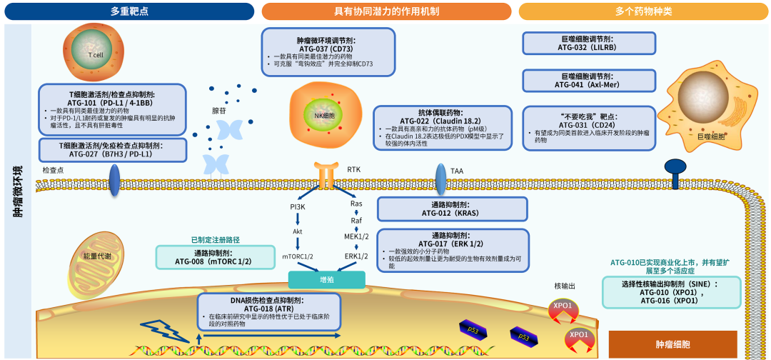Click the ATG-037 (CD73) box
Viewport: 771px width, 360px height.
[x=328, y=52]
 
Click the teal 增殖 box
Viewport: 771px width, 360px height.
[x=326, y=280]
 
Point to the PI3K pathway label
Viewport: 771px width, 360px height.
[x=298, y=206]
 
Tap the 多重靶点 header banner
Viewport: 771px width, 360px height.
[x=129, y=11]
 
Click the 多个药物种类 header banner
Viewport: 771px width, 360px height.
[x=644, y=11]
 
